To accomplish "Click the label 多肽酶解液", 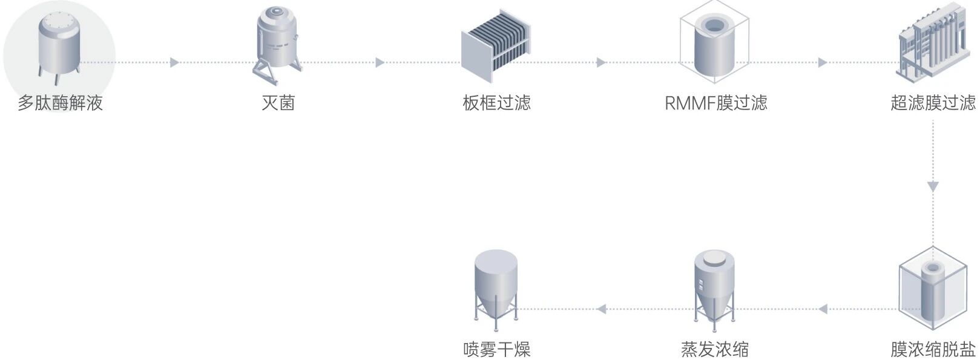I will [60, 103].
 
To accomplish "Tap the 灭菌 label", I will [278, 103].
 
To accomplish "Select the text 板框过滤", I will [496, 103].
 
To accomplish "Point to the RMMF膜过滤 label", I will [715, 103].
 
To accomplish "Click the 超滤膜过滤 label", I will [933, 103].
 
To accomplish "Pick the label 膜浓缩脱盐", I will [933, 349].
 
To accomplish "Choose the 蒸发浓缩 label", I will [714, 349].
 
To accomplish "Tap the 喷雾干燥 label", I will [496, 349].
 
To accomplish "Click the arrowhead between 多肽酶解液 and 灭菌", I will [174, 62].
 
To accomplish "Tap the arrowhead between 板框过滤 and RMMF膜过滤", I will [600, 62].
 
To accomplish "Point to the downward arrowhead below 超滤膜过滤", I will [933, 186].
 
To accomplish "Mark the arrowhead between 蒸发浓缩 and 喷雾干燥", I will [601, 309].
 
